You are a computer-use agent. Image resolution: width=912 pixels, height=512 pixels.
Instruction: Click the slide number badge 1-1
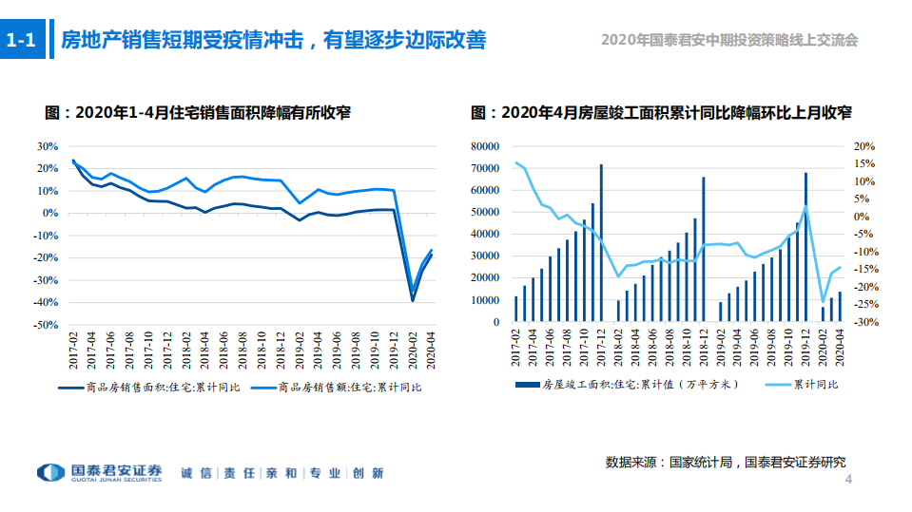[x=21, y=41]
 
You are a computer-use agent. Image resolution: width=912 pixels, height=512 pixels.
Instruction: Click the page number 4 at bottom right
[x=848, y=481]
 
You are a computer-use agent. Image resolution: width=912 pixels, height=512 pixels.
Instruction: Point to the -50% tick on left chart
[x=46, y=325]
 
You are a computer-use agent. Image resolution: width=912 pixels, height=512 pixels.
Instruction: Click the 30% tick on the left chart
[x=48, y=146]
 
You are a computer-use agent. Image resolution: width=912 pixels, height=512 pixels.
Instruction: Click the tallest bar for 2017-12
[x=601, y=243]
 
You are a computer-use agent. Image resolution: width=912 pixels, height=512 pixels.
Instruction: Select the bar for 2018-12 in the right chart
[x=704, y=249]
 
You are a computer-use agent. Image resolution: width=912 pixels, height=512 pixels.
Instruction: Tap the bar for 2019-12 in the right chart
[x=805, y=247]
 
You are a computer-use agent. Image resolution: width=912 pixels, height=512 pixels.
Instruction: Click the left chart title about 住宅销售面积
[x=198, y=113]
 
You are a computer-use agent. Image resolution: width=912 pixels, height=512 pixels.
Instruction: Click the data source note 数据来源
[x=725, y=462]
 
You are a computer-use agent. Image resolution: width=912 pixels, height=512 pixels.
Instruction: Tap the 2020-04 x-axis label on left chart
[x=431, y=349]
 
